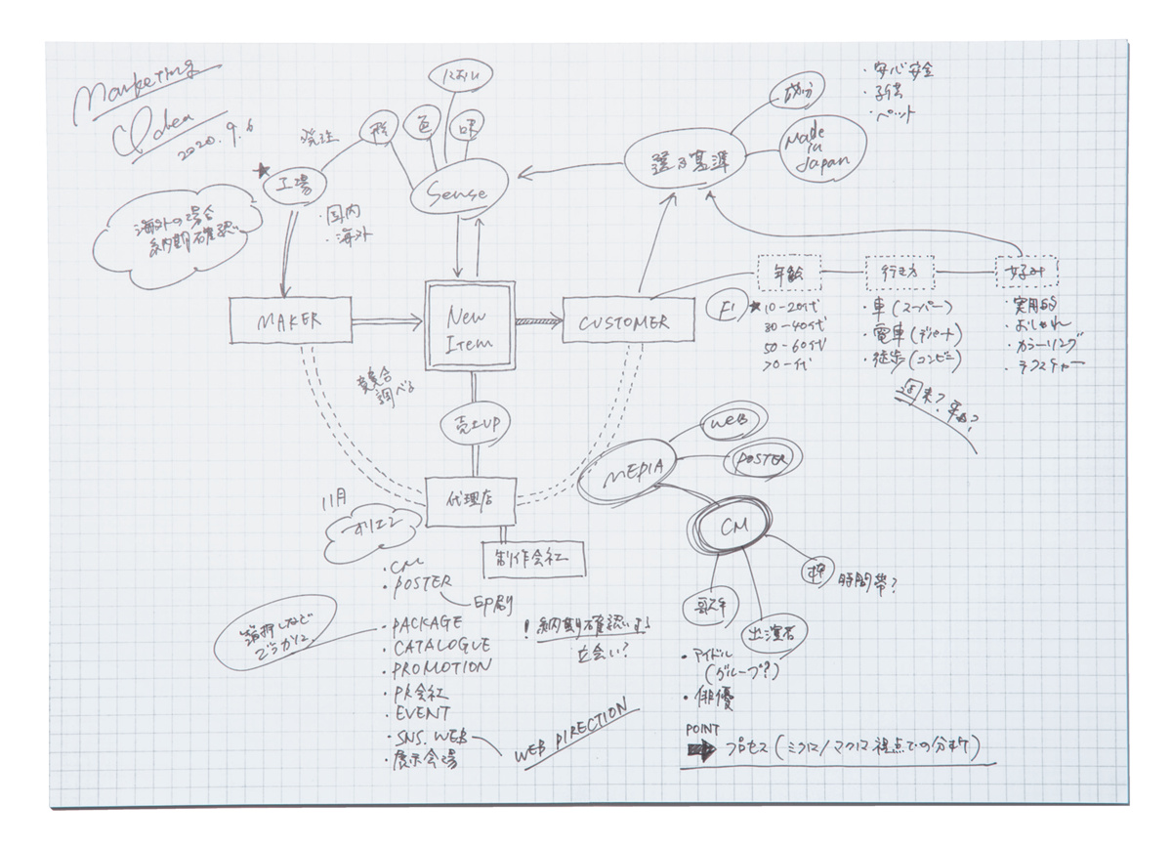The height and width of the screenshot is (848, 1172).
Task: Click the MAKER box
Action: click(289, 320)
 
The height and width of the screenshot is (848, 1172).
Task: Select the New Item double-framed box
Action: click(471, 327)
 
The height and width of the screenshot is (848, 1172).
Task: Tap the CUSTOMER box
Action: click(621, 321)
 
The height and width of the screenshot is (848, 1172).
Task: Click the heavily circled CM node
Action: click(732, 528)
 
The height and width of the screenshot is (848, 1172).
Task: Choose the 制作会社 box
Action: click(534, 557)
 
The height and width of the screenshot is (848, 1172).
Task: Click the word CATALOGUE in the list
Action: click(440, 646)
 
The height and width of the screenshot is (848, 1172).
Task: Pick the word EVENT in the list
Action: click(422, 713)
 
